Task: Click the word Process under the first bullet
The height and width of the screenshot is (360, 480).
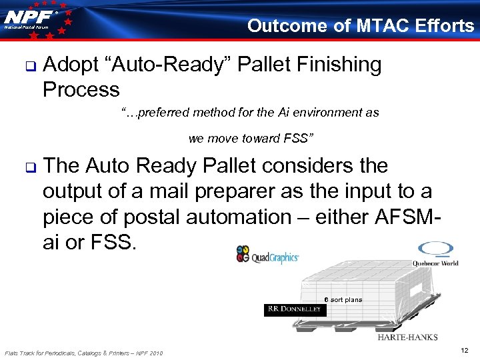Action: click(81, 89)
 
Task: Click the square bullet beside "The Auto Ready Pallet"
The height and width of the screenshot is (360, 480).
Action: click(29, 166)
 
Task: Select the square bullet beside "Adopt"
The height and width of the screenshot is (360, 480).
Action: click(29, 65)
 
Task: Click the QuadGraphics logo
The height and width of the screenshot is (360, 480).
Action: click(267, 255)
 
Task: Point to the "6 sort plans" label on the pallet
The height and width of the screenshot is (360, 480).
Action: click(343, 299)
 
